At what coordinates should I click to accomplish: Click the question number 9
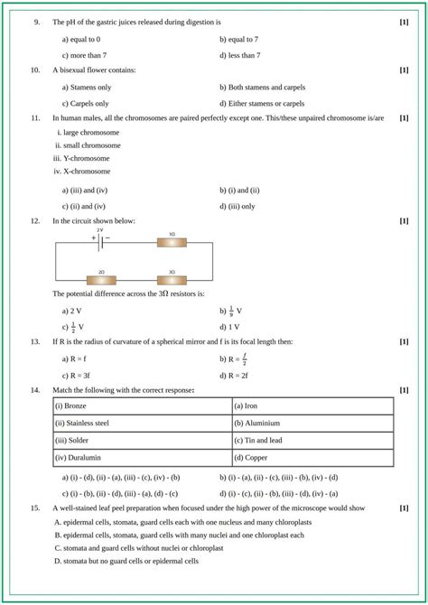pyautogui.click(x=35, y=21)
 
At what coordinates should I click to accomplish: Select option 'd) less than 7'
pyautogui.click(x=239, y=55)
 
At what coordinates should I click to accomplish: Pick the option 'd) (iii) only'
pyautogui.click(x=237, y=205)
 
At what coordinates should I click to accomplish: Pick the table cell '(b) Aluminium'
pyautogui.click(x=312, y=423)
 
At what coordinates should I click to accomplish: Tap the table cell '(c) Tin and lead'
pyautogui.click(x=312, y=440)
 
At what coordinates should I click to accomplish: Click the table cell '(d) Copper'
pyautogui.click(x=312, y=458)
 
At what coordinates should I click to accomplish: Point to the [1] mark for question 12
pyautogui.click(x=404, y=220)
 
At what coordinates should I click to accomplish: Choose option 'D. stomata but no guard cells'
pyautogui.click(x=126, y=561)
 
